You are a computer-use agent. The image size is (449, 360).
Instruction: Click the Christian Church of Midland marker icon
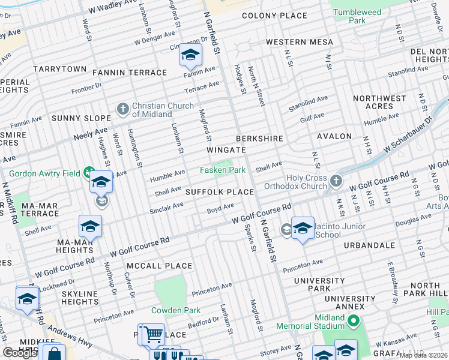coord(123,109)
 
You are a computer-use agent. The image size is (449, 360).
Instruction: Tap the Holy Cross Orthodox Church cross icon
coord(336,181)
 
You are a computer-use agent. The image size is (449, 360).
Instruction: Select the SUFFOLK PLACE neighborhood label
coord(219,192)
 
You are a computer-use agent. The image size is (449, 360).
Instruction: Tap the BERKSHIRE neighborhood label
coord(259,139)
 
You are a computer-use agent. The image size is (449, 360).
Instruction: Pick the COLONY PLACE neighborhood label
coord(274,16)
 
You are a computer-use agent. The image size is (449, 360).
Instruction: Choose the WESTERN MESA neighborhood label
coord(295,43)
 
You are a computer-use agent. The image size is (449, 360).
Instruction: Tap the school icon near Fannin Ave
coord(190,56)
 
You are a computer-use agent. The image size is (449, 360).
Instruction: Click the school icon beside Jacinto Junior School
coord(303,229)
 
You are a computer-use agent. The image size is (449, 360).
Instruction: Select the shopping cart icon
coord(154,334)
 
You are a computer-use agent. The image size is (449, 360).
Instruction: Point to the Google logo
coord(20,353)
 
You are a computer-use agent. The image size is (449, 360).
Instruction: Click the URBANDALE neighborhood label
coord(369,245)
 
